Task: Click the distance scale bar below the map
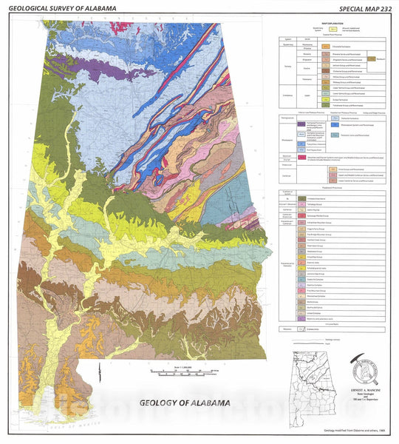coord(181,371)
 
